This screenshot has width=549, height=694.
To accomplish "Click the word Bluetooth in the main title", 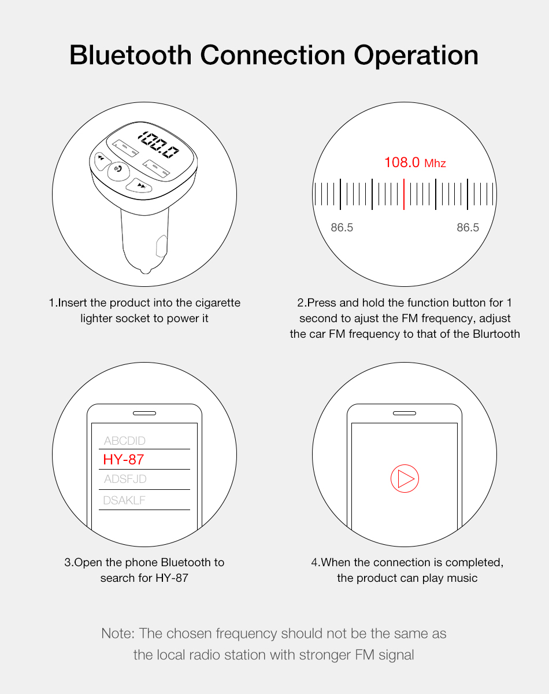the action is [x=131, y=55].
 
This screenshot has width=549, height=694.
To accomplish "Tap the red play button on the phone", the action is [x=405, y=478].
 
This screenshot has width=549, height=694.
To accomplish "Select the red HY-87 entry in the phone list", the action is [x=124, y=459].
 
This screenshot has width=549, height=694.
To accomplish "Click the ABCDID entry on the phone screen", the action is [x=124, y=441].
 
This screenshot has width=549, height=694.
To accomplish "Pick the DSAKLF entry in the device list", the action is [x=124, y=500].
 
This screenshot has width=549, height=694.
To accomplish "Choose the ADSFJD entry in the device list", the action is [x=125, y=479].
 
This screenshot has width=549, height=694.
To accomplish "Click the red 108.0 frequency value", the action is [x=402, y=162].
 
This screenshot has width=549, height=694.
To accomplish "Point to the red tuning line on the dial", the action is [x=404, y=194].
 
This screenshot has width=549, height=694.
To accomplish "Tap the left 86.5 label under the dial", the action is [x=342, y=227].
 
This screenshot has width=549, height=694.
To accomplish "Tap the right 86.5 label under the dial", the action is [x=468, y=227].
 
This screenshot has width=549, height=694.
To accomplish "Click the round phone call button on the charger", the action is [x=118, y=169].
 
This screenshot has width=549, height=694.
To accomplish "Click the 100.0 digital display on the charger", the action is [x=158, y=145].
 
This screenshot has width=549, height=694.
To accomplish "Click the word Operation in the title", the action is [x=416, y=56].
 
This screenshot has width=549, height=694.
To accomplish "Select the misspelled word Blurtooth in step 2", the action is [x=496, y=334].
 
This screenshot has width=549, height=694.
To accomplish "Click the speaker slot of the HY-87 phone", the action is [x=144, y=413].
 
